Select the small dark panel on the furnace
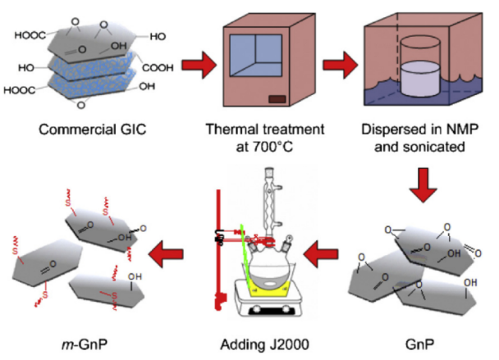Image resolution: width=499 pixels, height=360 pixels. point(279,100)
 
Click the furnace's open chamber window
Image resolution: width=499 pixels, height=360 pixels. point(264,57)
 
